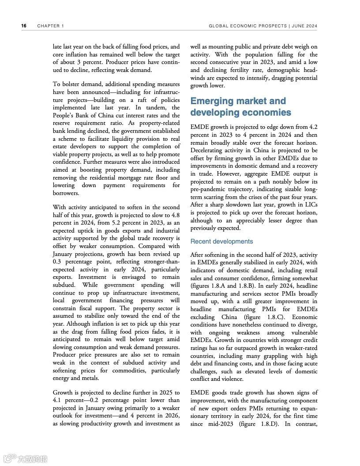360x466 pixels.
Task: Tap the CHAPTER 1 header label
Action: click(x=51, y=26)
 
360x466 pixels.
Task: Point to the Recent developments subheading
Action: click(x=221, y=241)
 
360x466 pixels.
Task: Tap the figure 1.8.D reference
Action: click(x=256, y=424)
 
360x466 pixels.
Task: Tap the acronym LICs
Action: click(x=309, y=204)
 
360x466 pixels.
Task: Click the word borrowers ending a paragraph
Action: click(x=66, y=193)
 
